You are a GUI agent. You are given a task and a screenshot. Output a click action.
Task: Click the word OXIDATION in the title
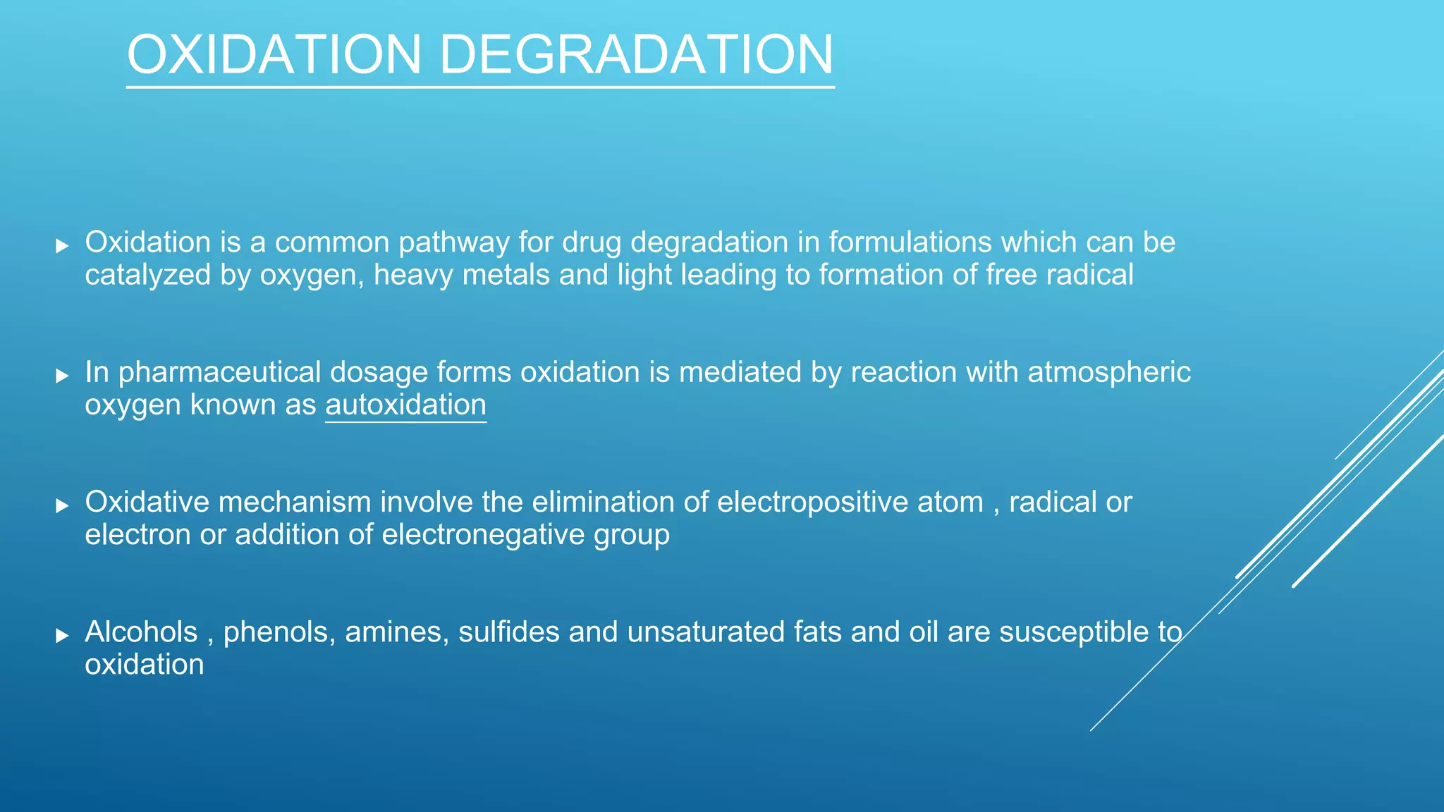[x=274, y=55]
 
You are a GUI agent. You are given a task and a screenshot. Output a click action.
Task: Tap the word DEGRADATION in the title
[x=636, y=55]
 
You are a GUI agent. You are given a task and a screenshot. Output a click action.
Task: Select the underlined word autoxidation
[x=405, y=405]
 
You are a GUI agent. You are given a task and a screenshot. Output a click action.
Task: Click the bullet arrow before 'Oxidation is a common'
[x=62, y=245]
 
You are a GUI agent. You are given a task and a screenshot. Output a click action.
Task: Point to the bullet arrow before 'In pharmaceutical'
[x=62, y=375]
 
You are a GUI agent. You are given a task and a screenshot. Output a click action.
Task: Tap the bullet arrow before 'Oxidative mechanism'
[x=62, y=505]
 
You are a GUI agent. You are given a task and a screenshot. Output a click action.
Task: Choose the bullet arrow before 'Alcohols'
[x=62, y=635]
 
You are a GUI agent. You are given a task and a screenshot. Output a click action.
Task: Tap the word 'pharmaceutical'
[x=219, y=373]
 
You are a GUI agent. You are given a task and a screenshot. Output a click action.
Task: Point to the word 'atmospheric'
[x=1109, y=372]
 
